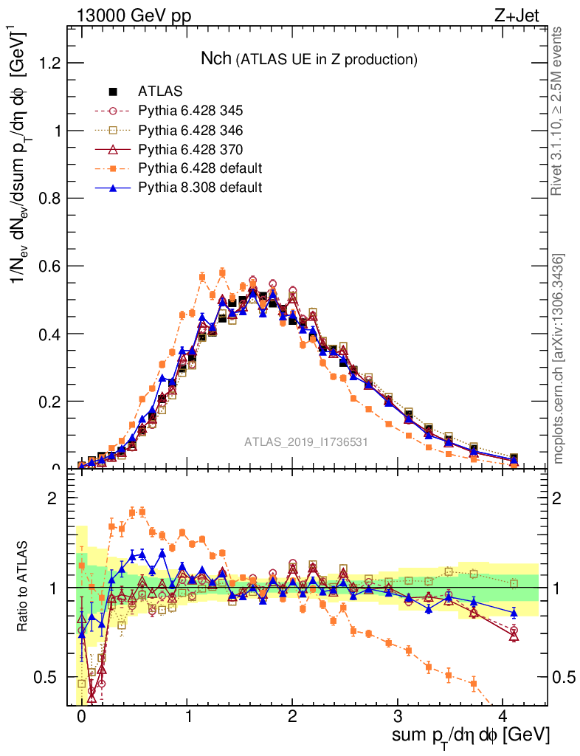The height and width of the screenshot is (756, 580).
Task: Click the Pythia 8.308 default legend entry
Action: click(200, 188)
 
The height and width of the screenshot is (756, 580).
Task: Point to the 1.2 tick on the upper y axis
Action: click(50, 63)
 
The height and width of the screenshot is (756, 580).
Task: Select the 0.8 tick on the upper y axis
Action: click(50, 199)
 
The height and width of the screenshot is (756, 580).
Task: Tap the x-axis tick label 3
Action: click(398, 715)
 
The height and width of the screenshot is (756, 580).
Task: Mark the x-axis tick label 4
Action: click(503, 715)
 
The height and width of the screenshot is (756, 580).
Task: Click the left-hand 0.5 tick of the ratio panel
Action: click(50, 677)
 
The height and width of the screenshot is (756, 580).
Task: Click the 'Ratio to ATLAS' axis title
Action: click(24, 587)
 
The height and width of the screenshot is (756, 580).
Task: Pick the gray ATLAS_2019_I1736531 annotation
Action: click(306, 442)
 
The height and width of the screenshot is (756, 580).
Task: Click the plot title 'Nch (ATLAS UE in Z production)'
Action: click(310, 58)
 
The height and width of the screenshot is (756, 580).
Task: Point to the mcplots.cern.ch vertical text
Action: click(559, 360)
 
